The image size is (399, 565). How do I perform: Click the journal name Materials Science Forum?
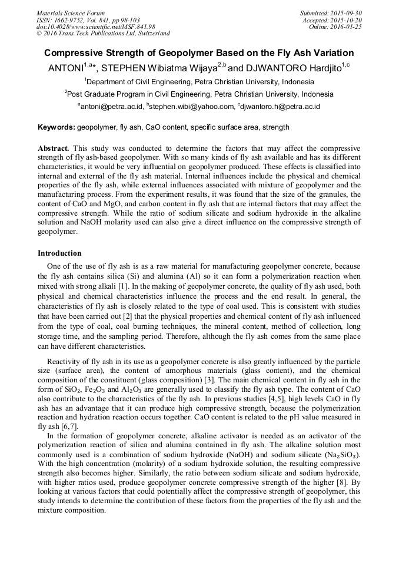(x=71, y=13)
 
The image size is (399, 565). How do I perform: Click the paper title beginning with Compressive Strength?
(x=199, y=52)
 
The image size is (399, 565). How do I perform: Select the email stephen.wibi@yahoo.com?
(x=192, y=107)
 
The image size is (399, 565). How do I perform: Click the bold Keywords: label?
(x=56, y=127)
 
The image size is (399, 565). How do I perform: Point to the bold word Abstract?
(x=54, y=148)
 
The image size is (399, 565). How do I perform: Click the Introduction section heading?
(x=59, y=253)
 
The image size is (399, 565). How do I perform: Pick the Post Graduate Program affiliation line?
(x=199, y=94)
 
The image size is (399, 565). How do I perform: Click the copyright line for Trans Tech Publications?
(x=103, y=34)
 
